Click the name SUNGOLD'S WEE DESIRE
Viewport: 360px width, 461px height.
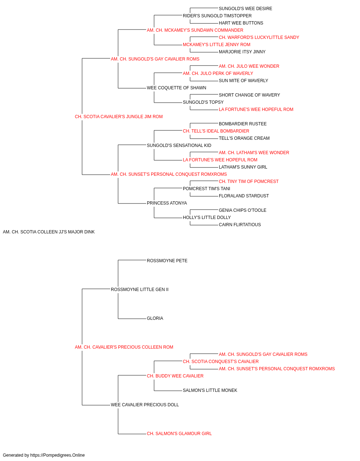(x=245, y=9)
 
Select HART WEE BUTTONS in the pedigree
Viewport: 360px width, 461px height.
(x=241, y=23)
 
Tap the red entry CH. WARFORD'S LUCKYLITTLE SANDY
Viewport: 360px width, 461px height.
(x=259, y=37)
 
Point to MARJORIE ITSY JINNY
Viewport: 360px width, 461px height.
(x=242, y=52)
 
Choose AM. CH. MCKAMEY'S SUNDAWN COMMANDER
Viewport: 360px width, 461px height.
(x=195, y=30)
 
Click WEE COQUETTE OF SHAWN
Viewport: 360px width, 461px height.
(x=176, y=88)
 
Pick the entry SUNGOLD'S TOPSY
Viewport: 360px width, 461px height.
(x=203, y=102)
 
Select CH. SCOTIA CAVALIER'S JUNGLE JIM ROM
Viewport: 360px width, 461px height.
(x=118, y=117)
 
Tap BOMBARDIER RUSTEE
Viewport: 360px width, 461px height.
(x=243, y=124)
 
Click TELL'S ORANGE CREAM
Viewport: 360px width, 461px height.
(x=244, y=138)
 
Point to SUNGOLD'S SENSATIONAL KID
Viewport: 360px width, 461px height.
(x=179, y=146)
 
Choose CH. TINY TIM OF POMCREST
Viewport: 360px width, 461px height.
(x=248, y=182)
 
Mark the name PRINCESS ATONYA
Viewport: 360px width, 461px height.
(x=167, y=203)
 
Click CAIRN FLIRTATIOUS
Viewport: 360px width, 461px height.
(x=239, y=225)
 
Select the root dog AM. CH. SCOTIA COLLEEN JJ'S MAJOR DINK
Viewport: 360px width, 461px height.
(x=49, y=232)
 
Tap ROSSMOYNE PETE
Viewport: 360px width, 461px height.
(x=167, y=261)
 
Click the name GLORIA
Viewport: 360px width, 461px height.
(x=155, y=318)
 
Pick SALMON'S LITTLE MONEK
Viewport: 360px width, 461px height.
(x=210, y=390)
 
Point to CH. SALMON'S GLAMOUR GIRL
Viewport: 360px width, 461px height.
(x=179, y=434)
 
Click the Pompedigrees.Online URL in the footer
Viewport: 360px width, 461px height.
(x=57, y=455)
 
